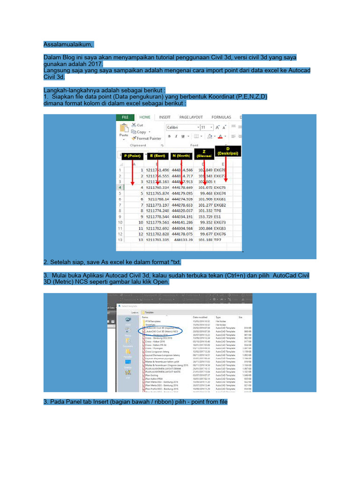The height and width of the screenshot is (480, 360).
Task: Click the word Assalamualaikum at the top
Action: coord(68,44)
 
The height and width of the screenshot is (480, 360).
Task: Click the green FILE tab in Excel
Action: coord(125,117)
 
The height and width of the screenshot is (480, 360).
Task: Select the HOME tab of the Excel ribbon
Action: coord(145,117)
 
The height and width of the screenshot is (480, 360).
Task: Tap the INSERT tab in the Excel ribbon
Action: coord(165,117)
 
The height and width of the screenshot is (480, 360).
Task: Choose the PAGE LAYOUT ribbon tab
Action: coord(191,117)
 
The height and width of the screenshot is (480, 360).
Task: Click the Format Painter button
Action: coord(149,138)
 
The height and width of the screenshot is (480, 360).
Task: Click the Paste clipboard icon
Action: coord(124,129)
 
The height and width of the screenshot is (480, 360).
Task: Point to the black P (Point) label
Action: coord(132,156)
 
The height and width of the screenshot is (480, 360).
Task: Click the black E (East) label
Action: coord(158,156)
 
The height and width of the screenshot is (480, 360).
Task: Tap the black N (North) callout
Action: coord(181,156)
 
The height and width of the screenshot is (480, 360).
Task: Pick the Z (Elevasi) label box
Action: coord(204,153)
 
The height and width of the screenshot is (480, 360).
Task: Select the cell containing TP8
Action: coord(218,211)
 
